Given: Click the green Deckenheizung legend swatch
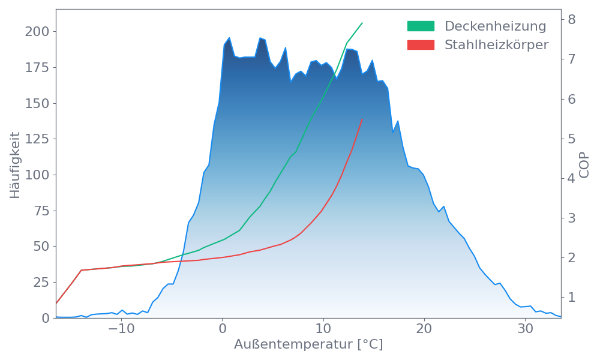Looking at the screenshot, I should [x=421, y=26].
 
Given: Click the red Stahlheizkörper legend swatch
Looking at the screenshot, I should [x=421, y=45].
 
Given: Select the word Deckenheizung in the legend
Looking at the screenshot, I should [x=495, y=26].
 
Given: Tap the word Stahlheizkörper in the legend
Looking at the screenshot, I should [x=496, y=45].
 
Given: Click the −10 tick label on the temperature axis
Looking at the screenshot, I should [x=121, y=330].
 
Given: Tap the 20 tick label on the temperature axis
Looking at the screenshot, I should [x=424, y=330].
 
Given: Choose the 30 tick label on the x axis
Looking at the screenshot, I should [x=526, y=330].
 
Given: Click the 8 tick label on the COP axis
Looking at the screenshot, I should [x=572, y=19].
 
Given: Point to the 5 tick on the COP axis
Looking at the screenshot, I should [x=572, y=139].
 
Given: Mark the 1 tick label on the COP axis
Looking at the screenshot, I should [x=572, y=298].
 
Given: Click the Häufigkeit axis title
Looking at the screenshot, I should [x=15, y=165].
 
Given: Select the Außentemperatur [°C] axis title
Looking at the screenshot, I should [x=308, y=345].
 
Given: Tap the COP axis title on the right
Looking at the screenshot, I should [x=584, y=165].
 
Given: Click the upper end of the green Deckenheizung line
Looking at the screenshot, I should [x=362, y=23].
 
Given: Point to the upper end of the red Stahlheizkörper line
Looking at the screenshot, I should [x=362, y=119].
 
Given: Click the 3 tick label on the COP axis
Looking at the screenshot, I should [x=572, y=218].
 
